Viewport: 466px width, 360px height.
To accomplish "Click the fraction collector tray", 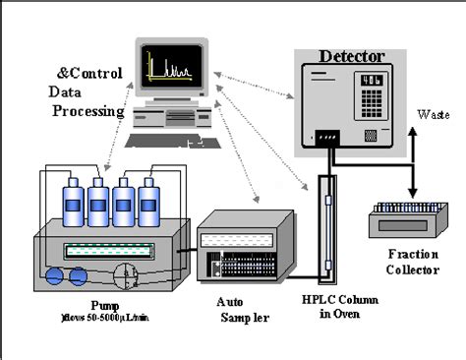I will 405,216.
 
